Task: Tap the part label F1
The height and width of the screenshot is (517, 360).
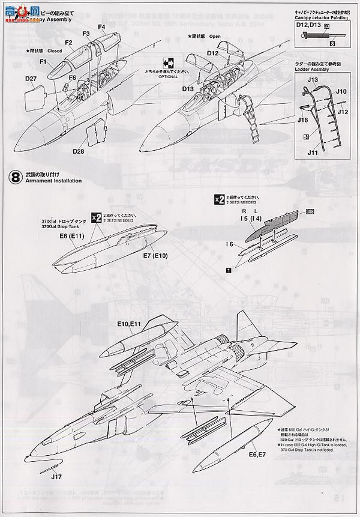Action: click(43, 61)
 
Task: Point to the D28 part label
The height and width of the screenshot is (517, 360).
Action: click(78, 151)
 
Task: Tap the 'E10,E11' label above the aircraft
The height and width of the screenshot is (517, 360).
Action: click(130, 324)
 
